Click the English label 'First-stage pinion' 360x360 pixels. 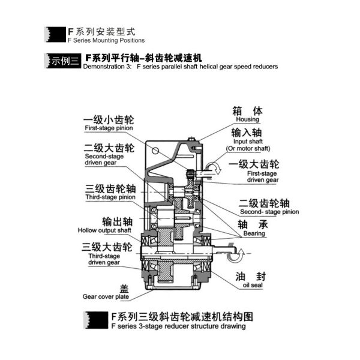tap(108, 128)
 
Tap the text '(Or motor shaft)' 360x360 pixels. tap(248, 148)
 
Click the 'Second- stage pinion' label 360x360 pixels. tap(269, 212)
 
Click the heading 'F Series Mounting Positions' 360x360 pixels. tap(106, 40)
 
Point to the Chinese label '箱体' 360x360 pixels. tap(247, 110)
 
